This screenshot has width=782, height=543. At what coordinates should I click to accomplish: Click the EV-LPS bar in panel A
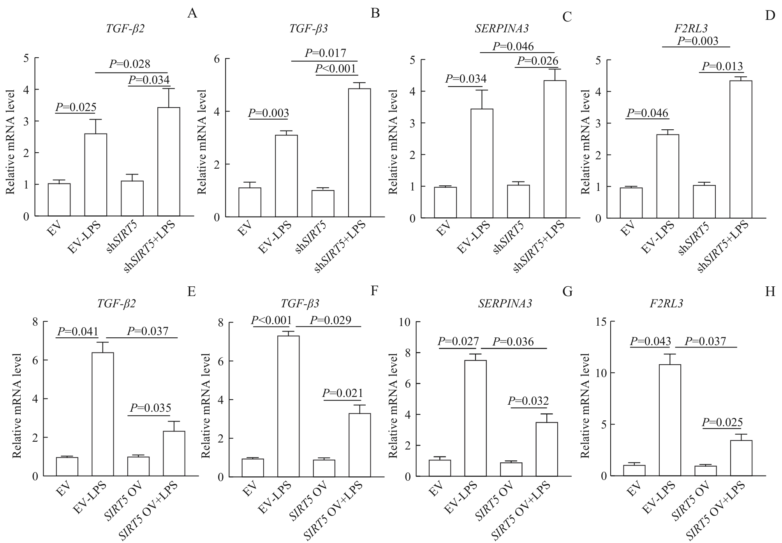point(95,175)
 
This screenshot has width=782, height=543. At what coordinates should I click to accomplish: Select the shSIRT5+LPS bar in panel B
point(359,153)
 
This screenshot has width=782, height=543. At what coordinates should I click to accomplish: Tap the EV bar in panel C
point(445,202)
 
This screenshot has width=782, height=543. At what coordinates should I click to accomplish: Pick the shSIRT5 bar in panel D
point(704,201)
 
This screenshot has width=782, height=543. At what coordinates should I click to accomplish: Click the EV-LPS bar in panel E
point(102,414)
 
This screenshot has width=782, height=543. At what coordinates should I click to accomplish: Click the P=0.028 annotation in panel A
point(130,64)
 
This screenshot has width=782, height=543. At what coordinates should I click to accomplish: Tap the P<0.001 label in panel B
point(335,69)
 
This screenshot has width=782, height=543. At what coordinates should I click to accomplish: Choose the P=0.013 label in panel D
point(722,66)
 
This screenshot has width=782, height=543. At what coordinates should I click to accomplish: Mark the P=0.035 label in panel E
point(150,408)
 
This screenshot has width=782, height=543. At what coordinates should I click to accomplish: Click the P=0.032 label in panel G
point(528,401)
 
